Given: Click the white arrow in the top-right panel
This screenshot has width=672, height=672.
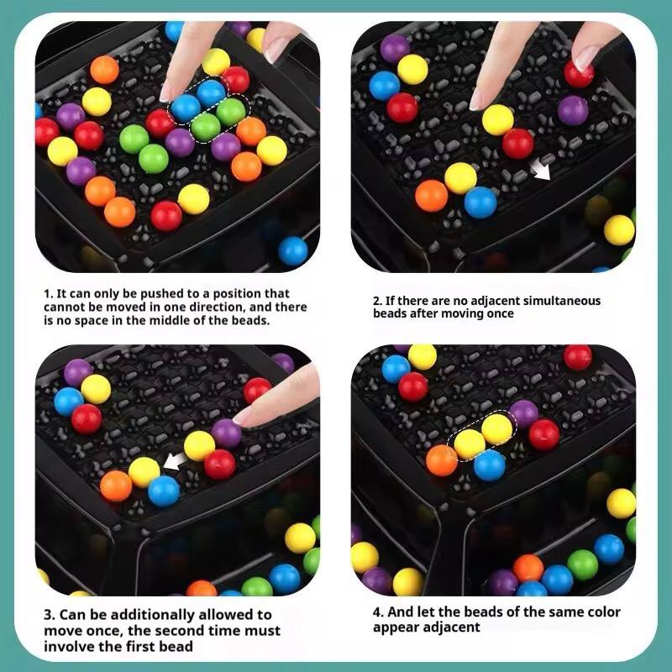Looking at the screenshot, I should click(543, 171).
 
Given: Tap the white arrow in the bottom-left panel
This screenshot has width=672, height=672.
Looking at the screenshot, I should click(175, 461).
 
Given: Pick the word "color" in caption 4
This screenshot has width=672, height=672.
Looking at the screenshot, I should click(599, 612).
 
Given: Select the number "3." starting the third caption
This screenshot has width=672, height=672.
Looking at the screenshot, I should click(50, 616).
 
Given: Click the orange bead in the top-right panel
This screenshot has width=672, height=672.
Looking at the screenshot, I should click(432, 195).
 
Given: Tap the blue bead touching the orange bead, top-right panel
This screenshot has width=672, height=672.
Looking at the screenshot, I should click(480, 202).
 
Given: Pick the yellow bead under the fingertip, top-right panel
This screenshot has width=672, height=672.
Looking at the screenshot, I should click(497, 119).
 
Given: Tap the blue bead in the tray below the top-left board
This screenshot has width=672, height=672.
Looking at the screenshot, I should click(293, 249).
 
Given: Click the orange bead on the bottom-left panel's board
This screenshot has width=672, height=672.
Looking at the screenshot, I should click(116, 486).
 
